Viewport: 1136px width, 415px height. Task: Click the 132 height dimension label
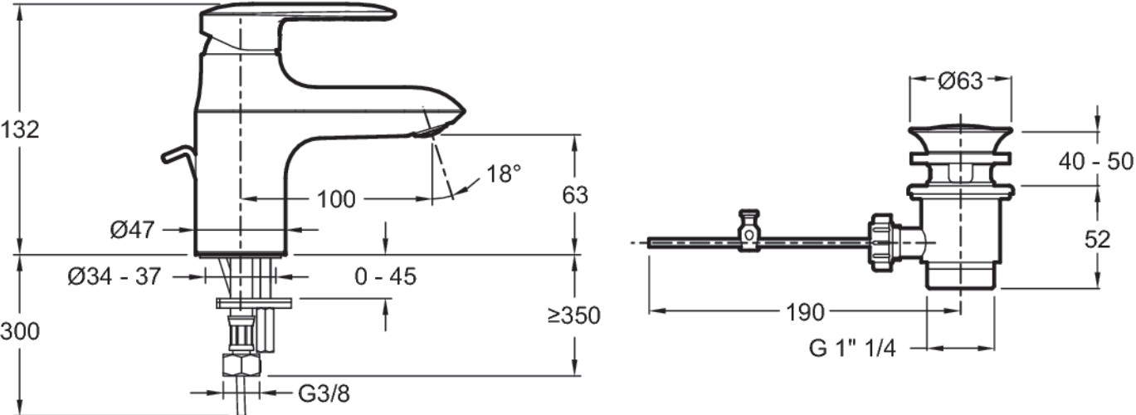pos(20,129)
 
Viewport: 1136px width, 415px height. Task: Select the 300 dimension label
pos(20,331)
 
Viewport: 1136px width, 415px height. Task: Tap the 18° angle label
pos(504,173)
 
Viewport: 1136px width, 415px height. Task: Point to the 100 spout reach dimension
pos(336,199)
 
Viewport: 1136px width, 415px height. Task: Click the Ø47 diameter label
pos(132,230)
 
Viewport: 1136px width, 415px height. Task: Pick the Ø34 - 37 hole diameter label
pos(115,276)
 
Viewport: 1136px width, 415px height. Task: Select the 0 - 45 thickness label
pos(385,276)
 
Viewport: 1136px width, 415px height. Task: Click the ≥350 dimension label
pos(574,315)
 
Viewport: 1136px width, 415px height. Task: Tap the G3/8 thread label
pos(324,393)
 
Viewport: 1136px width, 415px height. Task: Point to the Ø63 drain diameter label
pos(961,81)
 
